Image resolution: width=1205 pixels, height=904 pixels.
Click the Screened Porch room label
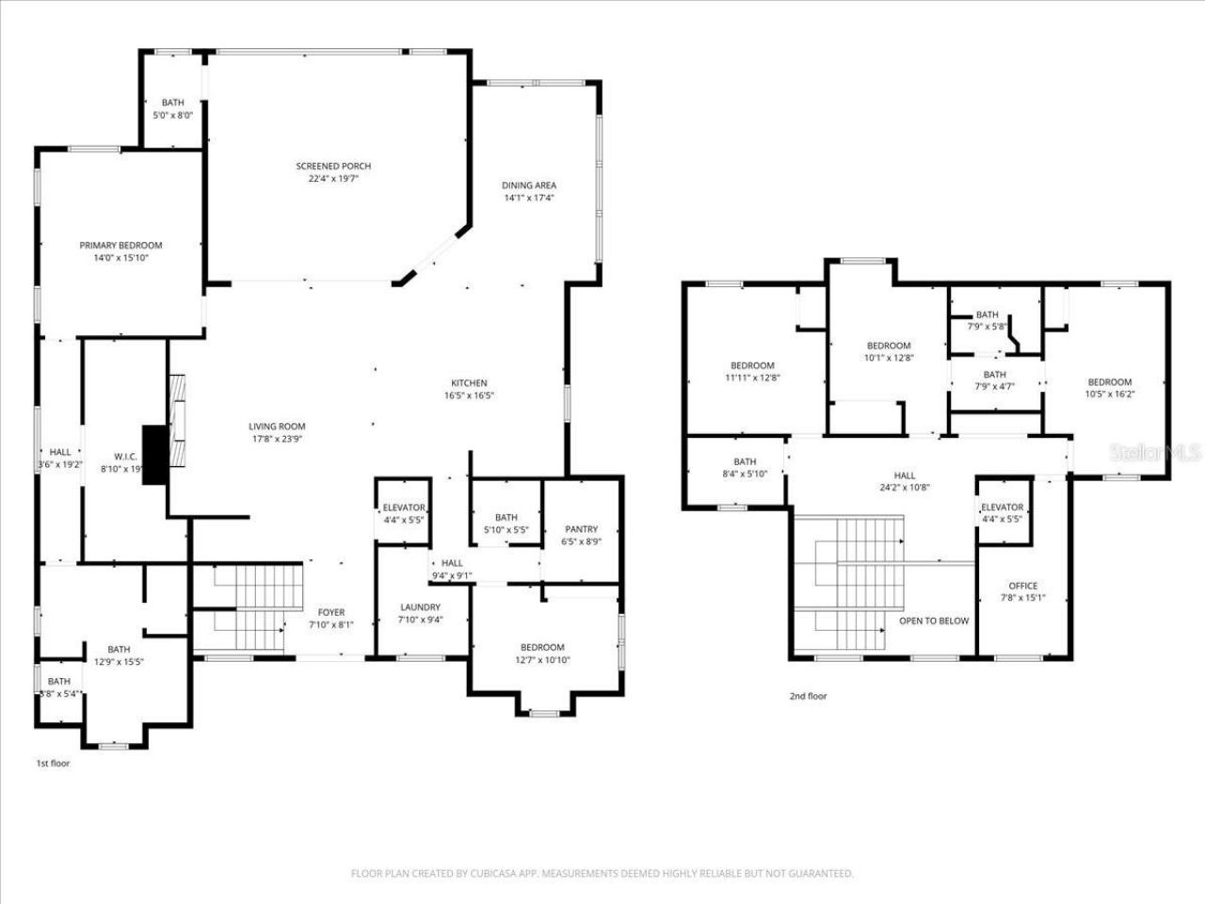[333, 167]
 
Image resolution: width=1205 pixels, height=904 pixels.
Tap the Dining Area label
[528, 186]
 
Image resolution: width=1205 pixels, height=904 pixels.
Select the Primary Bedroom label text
[120, 246]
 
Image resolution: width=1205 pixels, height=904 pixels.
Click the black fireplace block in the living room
[153, 455]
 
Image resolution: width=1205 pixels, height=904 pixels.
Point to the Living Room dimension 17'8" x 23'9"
[276, 439]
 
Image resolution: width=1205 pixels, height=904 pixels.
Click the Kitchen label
[469, 383]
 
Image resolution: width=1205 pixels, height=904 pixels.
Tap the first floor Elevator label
[404, 508]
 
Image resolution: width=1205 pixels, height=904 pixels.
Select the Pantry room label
[581, 529]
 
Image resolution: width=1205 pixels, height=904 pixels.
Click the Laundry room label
[420, 607]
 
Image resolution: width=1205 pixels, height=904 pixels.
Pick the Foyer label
[330, 613]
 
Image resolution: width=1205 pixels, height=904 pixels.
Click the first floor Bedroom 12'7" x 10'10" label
[542, 647]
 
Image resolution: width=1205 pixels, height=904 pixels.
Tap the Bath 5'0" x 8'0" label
[172, 103]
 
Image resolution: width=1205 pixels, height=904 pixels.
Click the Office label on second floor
[1022, 586]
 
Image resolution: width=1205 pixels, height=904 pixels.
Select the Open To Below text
[934, 621]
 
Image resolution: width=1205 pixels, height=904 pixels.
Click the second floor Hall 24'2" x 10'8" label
[904, 476]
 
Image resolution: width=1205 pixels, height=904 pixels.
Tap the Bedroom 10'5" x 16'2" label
[1109, 382]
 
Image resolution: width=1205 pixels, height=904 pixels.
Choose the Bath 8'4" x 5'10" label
[745, 461]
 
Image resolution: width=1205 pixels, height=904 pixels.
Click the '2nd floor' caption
[808, 696]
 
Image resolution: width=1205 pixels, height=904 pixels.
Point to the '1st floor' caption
[52, 764]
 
